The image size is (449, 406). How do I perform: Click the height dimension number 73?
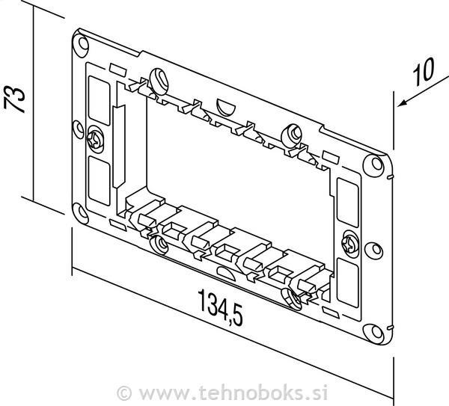pyautogui.click(x=16, y=97)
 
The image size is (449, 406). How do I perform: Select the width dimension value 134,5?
pyautogui.click(x=221, y=309)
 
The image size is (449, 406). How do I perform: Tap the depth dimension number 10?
pyautogui.click(x=423, y=72)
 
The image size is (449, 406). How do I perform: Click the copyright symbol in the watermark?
pyautogui.click(x=124, y=391)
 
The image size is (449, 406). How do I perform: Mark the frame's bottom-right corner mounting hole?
pyautogui.click(x=372, y=330)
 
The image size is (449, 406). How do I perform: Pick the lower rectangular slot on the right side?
pyautogui.click(x=348, y=278)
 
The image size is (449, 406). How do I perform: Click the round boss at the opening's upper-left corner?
pyautogui.click(x=158, y=78)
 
